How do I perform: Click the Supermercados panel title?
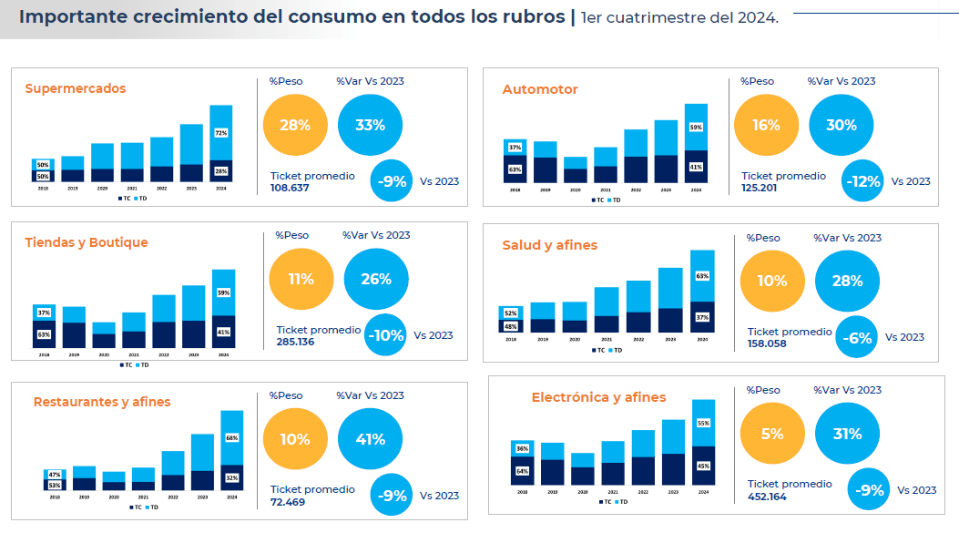76,88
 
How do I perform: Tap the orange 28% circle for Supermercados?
295,125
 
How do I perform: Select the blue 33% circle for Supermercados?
370,125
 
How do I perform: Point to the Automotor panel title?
540,89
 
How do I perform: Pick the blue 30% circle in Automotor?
841,126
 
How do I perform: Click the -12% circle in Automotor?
862,181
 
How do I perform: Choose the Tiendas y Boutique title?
87,242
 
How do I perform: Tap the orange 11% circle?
301,279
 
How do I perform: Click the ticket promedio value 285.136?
295,343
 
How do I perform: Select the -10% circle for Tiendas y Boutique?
386,335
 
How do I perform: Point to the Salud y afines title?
550,245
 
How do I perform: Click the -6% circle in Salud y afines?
857,338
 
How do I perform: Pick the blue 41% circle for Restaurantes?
370,439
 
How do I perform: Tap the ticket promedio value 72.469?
288,502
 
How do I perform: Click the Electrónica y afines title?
598,397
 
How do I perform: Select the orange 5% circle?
772,434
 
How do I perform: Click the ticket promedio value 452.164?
767,497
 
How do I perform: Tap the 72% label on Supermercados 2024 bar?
220,133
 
